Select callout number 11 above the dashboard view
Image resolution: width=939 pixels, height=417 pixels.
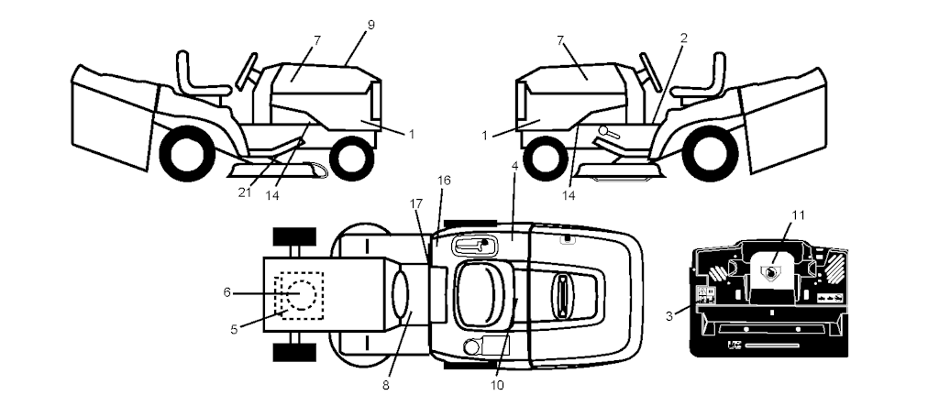click(798, 216)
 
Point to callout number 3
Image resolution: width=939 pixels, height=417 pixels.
click(669, 316)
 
